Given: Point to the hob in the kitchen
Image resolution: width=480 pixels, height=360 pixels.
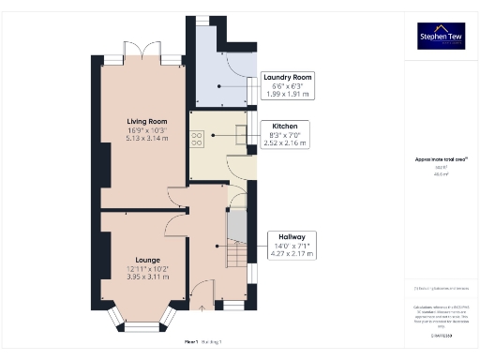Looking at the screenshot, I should click(198, 137).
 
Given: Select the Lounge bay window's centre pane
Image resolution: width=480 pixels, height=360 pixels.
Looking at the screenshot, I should click(143, 325).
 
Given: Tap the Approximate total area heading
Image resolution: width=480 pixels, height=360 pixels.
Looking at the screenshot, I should click(442, 159).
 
